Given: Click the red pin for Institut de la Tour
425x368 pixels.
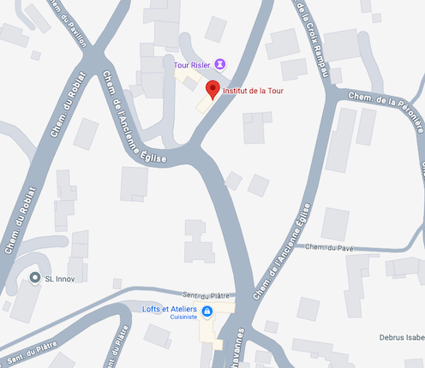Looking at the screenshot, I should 212,88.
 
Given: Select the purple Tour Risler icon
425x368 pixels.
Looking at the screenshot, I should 220,63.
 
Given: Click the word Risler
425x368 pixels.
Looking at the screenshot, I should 200,64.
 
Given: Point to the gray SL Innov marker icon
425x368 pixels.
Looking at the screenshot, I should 34,278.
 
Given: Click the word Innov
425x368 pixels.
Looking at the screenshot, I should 69,278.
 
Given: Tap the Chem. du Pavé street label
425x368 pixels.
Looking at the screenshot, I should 329,247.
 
